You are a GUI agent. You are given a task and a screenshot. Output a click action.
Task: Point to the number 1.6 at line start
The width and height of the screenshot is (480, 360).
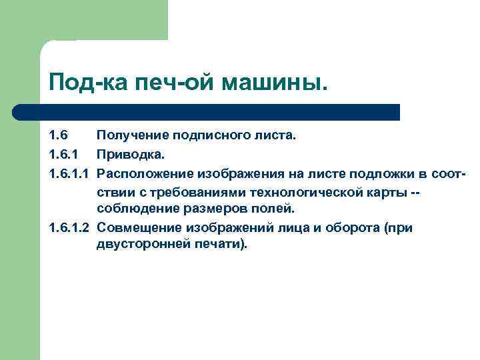point(58,137)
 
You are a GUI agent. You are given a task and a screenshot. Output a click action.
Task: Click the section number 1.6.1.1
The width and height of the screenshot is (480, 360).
point(69,174)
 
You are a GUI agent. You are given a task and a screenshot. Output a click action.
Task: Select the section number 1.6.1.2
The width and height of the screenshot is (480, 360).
point(69,228)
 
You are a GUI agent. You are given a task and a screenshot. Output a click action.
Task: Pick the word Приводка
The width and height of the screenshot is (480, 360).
point(128,155)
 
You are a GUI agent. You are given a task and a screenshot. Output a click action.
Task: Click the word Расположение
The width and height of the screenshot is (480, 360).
point(144,174)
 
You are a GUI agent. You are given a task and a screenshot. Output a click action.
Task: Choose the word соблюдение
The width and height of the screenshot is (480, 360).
point(133,210)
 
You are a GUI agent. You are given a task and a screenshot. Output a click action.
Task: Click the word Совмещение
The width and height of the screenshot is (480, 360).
point(138,228)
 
